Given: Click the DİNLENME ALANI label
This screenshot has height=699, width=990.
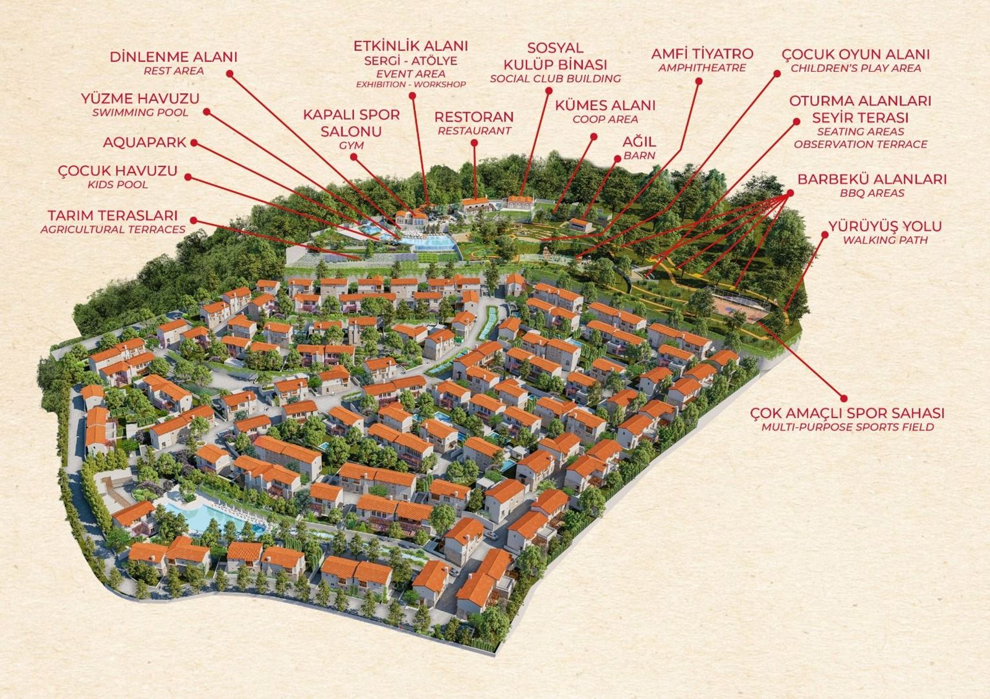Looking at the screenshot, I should coord(173,57).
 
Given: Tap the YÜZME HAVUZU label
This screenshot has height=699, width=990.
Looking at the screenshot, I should coord(140,99).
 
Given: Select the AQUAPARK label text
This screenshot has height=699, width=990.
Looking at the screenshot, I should coord(144,142).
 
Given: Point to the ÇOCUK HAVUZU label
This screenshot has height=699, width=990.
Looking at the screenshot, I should coord(117,172).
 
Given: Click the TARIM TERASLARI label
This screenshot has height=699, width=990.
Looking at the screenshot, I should coord(113,216).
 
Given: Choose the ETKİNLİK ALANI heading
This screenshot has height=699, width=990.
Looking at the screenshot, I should coord(411,47).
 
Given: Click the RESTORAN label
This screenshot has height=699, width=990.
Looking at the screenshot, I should coord(474,117).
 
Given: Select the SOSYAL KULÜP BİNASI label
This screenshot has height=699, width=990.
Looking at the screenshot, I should coord(555,57).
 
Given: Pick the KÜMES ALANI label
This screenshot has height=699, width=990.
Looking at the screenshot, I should coord(605,105).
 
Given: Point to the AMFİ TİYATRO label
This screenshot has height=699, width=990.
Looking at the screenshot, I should coord(702,54).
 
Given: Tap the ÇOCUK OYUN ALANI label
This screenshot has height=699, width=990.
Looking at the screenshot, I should coord(855,54).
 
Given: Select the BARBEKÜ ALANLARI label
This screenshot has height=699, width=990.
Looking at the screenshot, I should coord(871,179).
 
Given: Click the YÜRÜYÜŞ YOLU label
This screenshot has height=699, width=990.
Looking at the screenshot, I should coord(884,227).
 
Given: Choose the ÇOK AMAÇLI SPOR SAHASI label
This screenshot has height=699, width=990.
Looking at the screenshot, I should coord(847,413).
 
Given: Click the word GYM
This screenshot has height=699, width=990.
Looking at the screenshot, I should coord(351,146).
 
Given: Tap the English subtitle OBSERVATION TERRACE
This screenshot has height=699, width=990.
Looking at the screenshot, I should coord(861,144).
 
